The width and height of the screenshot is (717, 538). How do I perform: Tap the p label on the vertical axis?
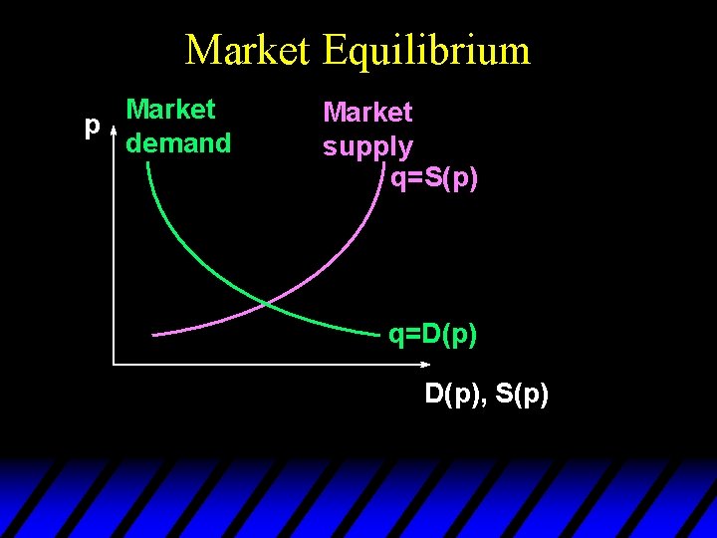(x=92, y=126)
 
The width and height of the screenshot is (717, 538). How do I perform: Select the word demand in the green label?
(x=178, y=143)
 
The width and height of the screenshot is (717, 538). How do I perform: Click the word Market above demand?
(x=171, y=109)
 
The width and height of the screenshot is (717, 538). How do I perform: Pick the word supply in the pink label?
(x=367, y=147)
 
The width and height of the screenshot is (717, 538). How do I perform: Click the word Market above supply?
(x=367, y=113)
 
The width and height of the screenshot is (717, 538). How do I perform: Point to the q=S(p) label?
(x=433, y=179)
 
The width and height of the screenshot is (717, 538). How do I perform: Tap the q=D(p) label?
(x=433, y=335)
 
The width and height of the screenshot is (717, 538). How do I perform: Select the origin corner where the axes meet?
(x=114, y=364)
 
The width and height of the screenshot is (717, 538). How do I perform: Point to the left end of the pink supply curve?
(x=154, y=334)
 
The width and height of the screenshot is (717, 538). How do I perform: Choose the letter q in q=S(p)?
(x=397, y=181)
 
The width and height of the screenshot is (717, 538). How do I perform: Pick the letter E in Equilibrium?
(x=336, y=50)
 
